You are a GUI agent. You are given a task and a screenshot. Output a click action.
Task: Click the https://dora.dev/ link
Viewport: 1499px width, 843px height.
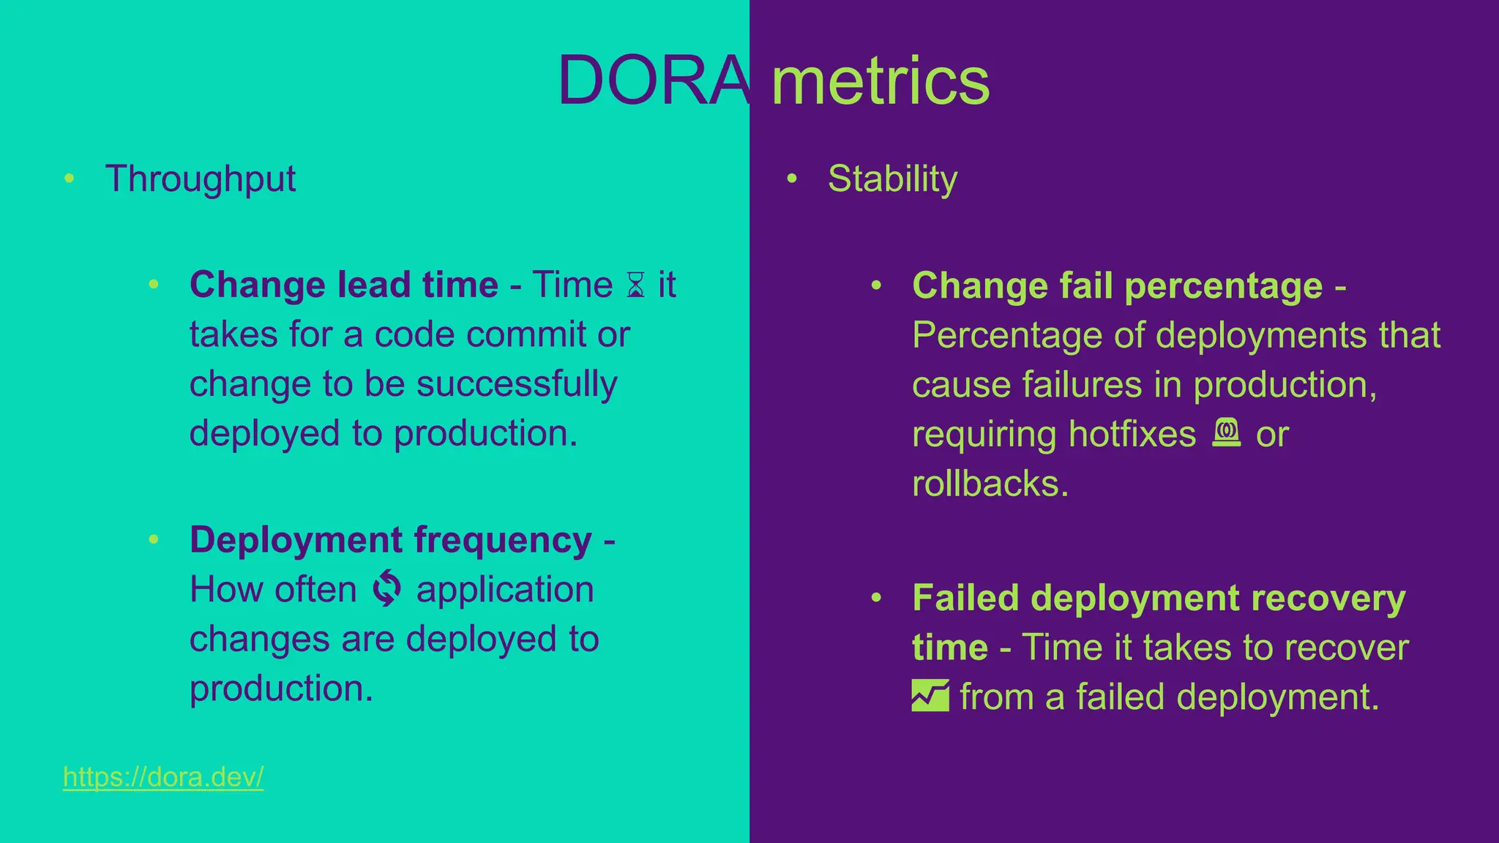[163, 776]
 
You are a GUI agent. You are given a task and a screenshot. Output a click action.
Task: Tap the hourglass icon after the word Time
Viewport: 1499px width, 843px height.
[635, 285]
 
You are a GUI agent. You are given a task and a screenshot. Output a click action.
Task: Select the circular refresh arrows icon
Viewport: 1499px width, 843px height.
[386, 589]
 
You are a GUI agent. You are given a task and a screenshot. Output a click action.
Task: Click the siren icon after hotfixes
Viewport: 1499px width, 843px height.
[1227, 432]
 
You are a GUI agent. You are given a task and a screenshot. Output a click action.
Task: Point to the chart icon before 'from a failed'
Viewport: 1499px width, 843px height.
[930, 696]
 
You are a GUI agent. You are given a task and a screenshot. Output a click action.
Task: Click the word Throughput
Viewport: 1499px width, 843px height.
[201, 179]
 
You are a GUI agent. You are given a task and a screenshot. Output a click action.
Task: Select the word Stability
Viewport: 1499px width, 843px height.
[892, 179]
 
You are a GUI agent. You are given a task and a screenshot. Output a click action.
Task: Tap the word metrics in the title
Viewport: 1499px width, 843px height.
[881, 80]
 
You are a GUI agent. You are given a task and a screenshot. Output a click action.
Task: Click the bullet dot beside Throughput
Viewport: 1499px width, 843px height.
[70, 178]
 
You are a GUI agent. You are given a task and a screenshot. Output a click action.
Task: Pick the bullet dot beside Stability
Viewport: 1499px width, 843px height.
[791, 178]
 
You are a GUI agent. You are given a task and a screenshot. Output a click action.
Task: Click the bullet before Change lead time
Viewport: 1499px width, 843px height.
[154, 284]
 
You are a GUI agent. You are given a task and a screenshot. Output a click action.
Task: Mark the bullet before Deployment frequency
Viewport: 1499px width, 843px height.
[154, 539]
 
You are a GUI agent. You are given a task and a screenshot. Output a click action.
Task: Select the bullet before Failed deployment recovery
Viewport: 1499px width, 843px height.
[876, 598]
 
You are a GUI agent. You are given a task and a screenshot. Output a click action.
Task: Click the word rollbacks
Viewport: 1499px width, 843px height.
[990, 484]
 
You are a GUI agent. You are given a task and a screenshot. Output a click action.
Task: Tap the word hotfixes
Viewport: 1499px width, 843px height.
[1132, 434]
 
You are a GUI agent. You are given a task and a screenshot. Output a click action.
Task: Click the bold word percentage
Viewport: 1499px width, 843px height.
[1223, 286]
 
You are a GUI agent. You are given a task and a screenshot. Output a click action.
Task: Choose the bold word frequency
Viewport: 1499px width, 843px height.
[503, 540]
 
